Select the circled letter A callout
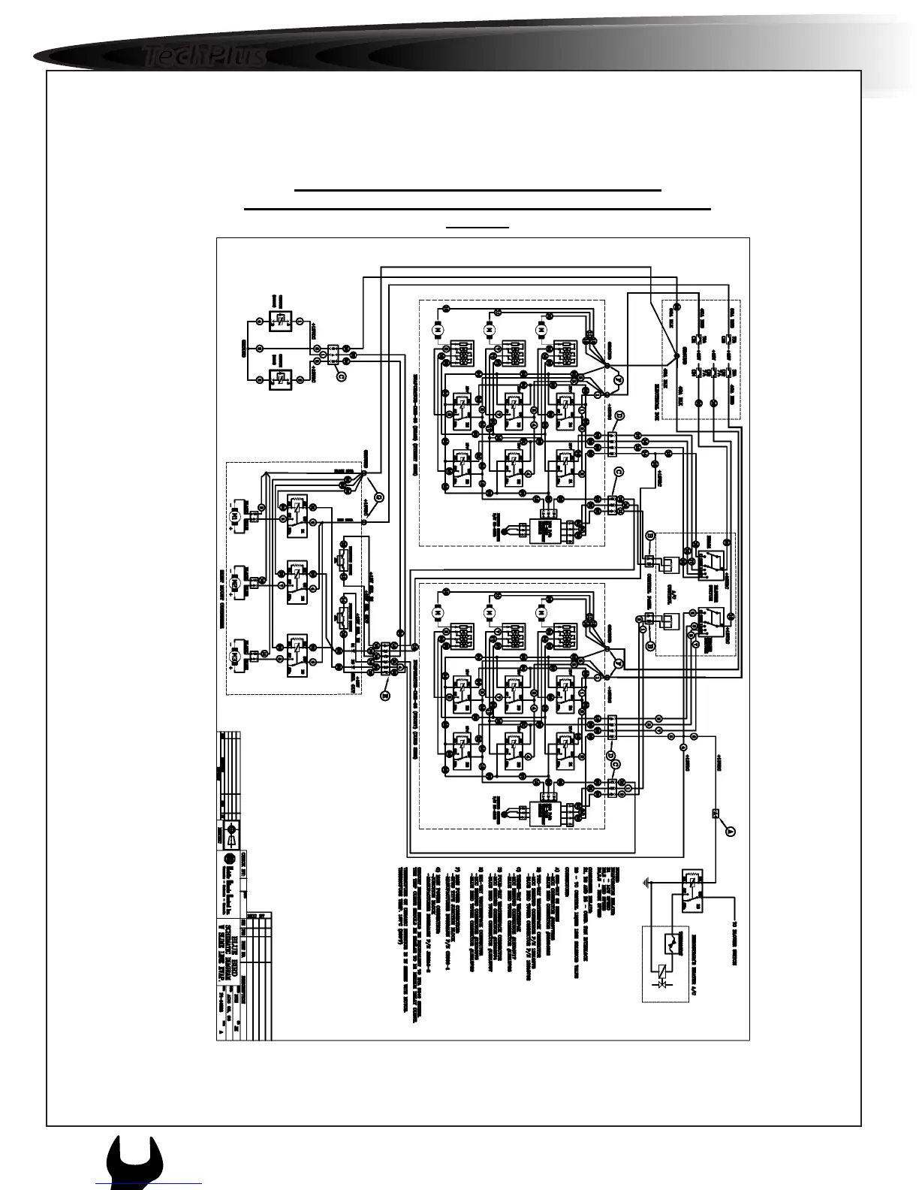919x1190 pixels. coord(729,830)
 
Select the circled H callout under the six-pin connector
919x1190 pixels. coord(384,696)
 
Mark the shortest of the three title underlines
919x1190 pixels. coord(478,226)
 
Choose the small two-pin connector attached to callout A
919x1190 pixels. coord(715,813)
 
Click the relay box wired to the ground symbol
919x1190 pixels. coord(692,890)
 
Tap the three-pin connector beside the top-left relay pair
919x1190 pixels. coord(332,352)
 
